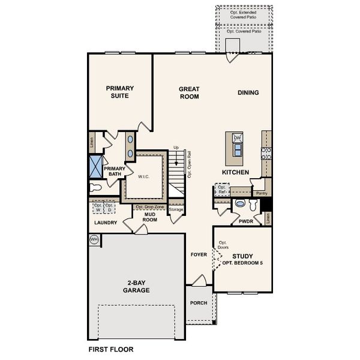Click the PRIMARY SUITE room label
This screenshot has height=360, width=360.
[x=120, y=92]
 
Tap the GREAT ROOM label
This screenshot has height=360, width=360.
[x=189, y=92]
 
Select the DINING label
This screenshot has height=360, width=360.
[x=248, y=92]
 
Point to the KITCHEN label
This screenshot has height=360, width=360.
[x=235, y=172]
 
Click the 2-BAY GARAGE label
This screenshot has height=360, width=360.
[x=137, y=286]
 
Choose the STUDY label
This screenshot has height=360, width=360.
[x=243, y=256]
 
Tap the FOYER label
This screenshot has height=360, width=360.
[x=199, y=254]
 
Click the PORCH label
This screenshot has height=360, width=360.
[x=199, y=303]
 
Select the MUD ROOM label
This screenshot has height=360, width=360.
[x=149, y=217]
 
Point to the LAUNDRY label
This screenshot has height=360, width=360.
[x=106, y=223]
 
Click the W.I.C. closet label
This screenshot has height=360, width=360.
[x=143, y=177]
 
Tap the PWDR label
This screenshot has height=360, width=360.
[x=245, y=221]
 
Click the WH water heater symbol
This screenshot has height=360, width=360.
[x=94, y=239]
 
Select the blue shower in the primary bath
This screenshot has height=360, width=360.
[x=96, y=164]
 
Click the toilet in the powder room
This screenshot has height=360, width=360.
[x=241, y=203]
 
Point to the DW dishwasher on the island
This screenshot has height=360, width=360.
[x=237, y=139]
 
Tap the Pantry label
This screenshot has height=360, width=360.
[x=261, y=194]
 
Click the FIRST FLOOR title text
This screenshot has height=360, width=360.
[x=111, y=349]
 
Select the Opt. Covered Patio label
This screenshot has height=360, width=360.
[x=244, y=31]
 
